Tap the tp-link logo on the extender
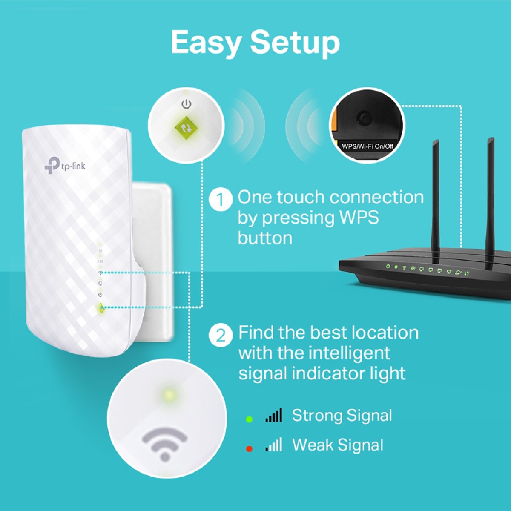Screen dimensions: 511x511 (x=65, y=165)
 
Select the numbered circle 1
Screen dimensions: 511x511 (x=221, y=199)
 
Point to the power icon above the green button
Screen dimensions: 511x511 (x=186, y=104)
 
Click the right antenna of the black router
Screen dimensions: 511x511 (x=490, y=200)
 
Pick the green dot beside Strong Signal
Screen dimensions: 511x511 (x=249, y=419)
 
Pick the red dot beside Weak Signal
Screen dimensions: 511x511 (x=249, y=449)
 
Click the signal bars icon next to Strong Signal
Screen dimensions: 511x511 (x=274, y=416)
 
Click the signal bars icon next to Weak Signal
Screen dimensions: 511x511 (x=274, y=445)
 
